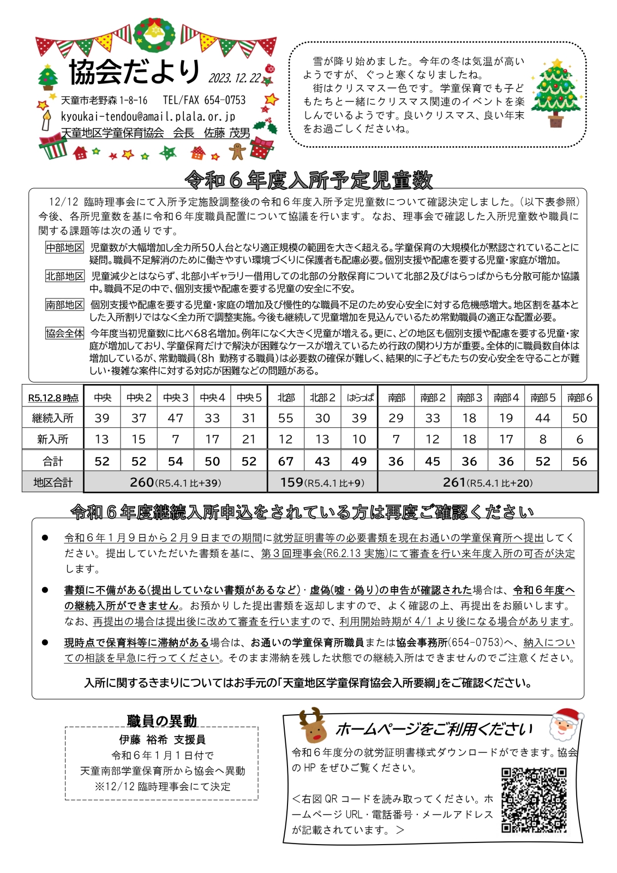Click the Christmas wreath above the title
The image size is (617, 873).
point(155,37)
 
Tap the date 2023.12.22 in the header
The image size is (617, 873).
point(235,79)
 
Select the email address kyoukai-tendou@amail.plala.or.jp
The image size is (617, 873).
point(148,116)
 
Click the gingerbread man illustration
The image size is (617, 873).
point(238,151)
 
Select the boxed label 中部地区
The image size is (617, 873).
point(65,248)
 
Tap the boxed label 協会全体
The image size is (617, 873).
point(65,333)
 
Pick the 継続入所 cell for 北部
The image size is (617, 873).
point(285,418)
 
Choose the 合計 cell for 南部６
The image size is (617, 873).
point(579,461)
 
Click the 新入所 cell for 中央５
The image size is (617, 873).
point(249,439)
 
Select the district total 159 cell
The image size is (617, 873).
point(322,482)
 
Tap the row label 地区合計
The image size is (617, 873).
point(53,482)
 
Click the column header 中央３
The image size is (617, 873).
point(176,398)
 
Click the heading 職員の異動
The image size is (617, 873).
point(161,721)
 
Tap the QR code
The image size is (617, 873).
point(534,800)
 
